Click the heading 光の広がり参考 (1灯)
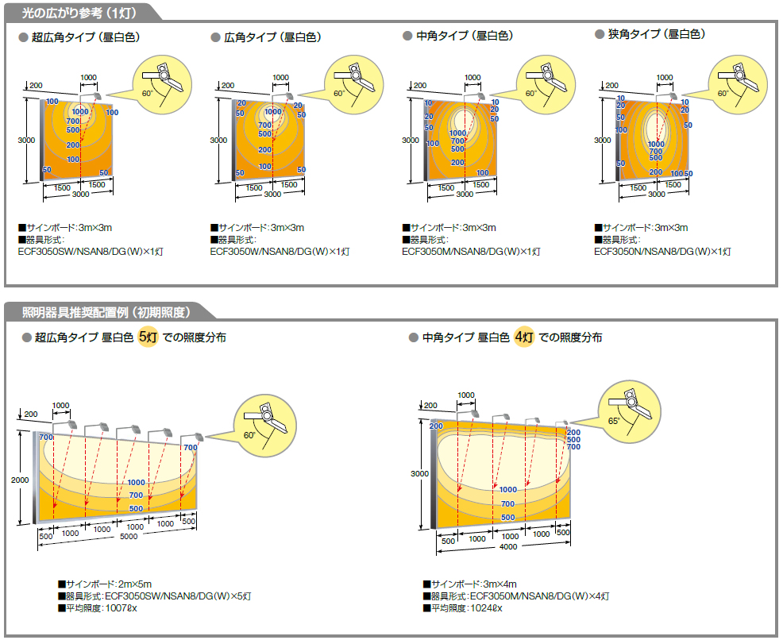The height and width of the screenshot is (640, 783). (79, 13)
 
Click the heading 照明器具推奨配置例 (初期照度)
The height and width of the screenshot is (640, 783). (106, 313)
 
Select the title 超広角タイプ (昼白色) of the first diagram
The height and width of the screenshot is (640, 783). (86, 37)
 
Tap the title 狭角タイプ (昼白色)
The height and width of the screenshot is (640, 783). (657, 34)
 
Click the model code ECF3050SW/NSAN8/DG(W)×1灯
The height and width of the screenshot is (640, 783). (91, 252)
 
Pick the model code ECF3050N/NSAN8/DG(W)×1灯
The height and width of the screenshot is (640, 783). (662, 252)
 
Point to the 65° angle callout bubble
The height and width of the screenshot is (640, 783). (629, 411)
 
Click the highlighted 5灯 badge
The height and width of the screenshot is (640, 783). (148, 337)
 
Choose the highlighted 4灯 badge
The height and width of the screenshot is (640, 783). (524, 337)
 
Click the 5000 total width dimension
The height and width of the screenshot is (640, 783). (129, 536)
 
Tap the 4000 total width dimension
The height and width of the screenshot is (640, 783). (508, 546)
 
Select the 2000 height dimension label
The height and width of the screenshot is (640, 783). (20, 480)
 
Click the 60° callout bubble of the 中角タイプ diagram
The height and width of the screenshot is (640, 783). (546, 84)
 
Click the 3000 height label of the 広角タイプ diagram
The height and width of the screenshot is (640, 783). (218, 141)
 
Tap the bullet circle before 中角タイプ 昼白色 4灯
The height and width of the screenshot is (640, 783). (413, 337)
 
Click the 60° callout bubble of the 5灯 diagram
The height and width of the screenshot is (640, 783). (265, 426)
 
